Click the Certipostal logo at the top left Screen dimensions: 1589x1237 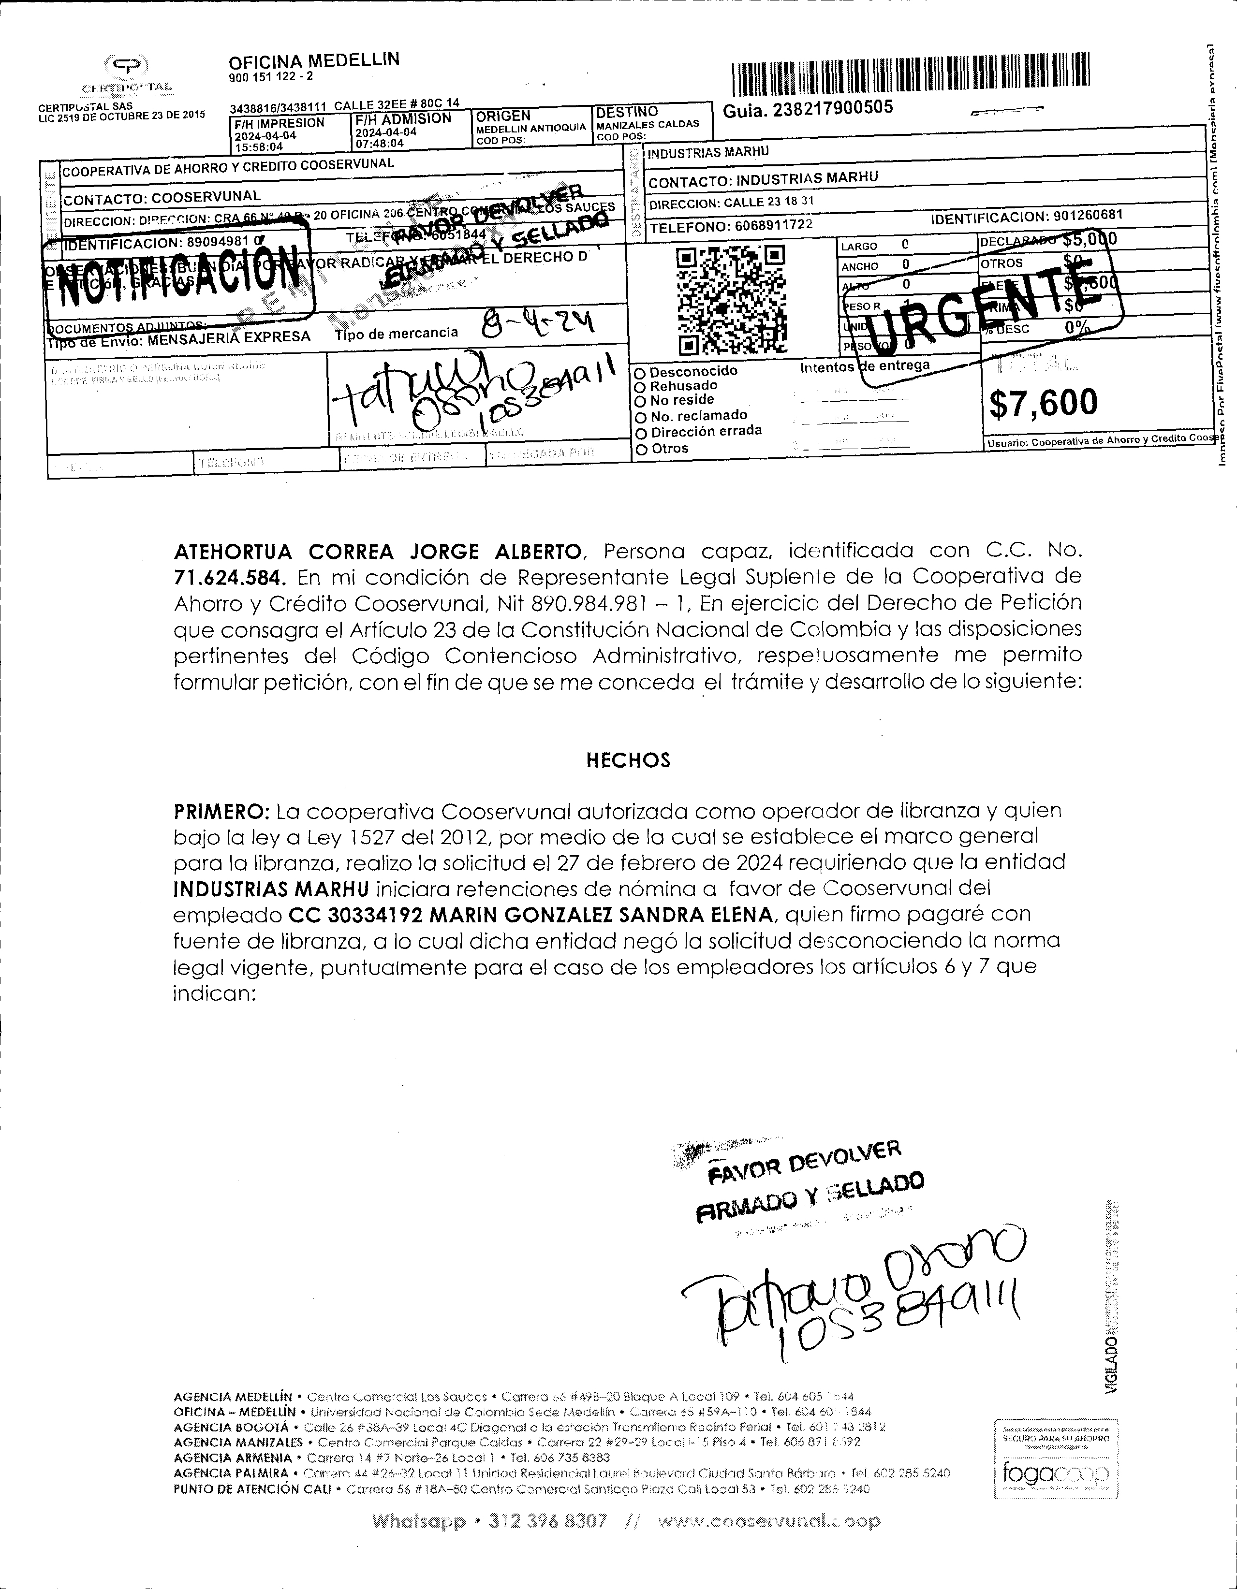[127, 73]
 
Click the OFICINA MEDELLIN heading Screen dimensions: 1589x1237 [314, 60]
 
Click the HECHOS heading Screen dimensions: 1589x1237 [628, 761]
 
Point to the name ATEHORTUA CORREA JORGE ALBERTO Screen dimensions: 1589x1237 [378, 552]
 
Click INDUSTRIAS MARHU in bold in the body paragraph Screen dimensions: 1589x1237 [271, 889]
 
